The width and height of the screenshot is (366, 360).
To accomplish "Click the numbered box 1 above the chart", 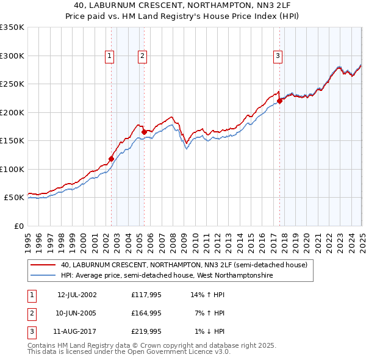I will coord(109,56).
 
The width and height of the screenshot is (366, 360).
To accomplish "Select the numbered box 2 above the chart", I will coord(142,56).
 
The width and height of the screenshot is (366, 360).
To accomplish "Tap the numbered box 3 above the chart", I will coord(278,56).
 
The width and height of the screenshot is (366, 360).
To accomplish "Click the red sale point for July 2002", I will coord(111,159).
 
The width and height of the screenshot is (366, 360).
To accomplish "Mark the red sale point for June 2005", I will coord(144,132).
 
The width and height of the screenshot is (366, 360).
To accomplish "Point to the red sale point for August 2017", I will coord(280,101).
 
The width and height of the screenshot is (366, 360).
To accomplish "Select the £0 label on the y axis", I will coord(18,226).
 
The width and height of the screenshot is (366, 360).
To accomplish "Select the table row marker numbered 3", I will coord(31,331).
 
